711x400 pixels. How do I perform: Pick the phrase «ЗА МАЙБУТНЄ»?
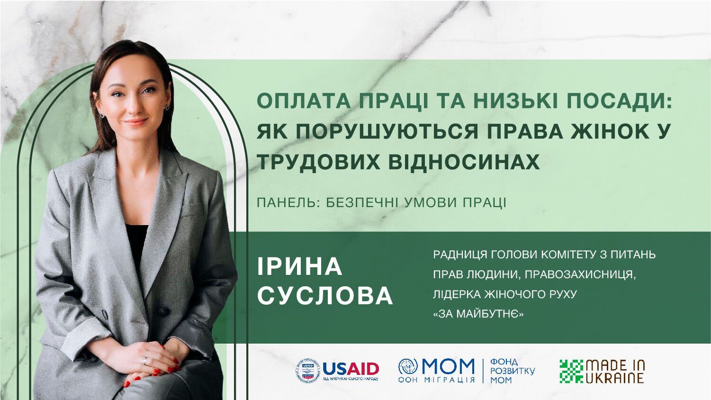(x=478, y=314)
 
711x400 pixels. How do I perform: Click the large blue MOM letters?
(x=448, y=366)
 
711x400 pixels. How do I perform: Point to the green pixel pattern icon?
(x=571, y=371)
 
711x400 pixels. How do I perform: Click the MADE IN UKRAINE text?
(x=615, y=371)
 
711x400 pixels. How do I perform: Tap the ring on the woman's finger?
(x=144, y=361)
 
